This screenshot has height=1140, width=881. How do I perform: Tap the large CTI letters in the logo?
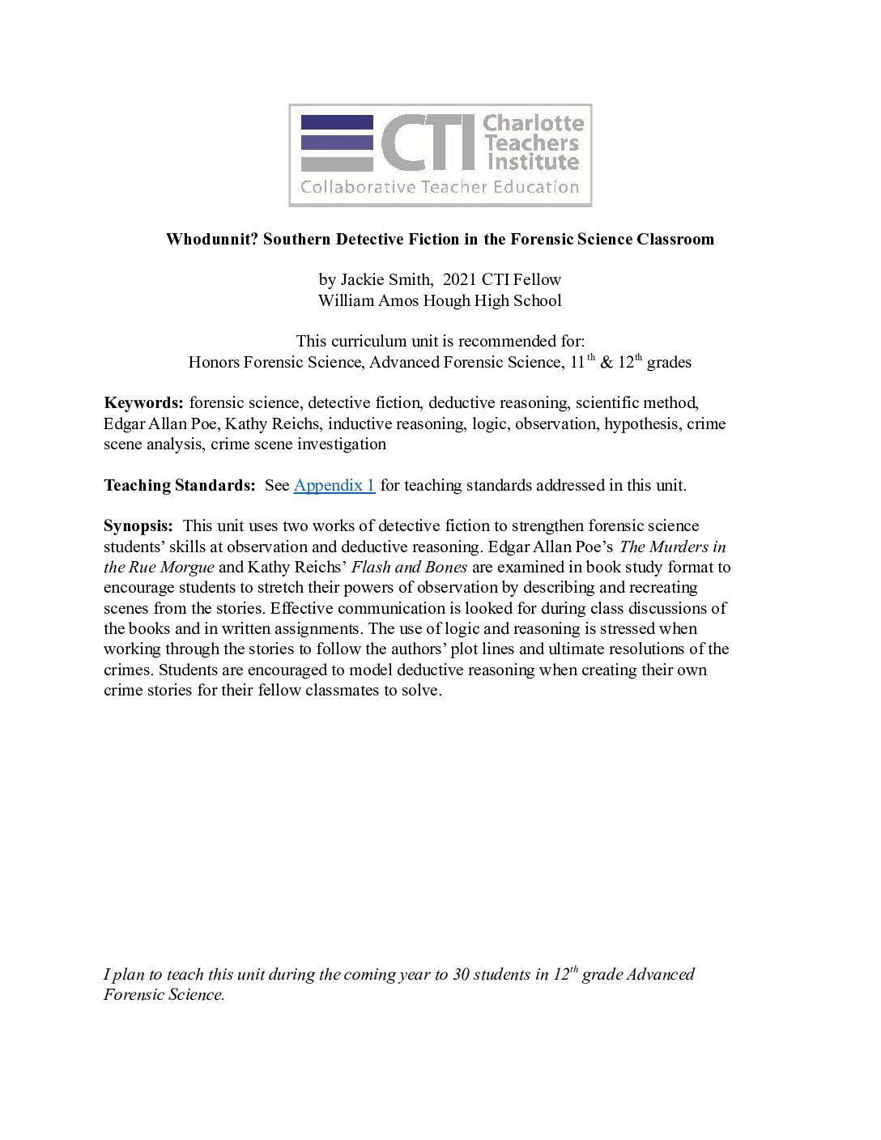click(x=428, y=142)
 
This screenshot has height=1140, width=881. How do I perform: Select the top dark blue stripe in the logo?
click(x=337, y=122)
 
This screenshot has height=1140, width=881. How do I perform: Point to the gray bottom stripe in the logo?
click(x=337, y=164)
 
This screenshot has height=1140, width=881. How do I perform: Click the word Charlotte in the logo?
click(x=533, y=123)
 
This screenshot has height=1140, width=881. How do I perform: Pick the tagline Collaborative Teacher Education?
click(x=440, y=188)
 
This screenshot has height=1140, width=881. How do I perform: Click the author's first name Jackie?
click(x=362, y=279)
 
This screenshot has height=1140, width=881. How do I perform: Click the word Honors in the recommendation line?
click(x=214, y=362)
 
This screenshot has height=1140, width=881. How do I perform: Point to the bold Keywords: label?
click(x=144, y=402)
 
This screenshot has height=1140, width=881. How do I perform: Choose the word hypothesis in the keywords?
click(x=641, y=423)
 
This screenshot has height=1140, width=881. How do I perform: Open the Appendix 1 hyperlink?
click(x=334, y=485)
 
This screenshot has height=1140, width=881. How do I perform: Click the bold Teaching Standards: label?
click(x=179, y=485)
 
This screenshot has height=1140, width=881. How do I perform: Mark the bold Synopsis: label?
click(x=138, y=526)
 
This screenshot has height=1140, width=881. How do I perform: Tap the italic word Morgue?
click(x=187, y=567)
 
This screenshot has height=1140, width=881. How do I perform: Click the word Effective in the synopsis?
click(x=306, y=608)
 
